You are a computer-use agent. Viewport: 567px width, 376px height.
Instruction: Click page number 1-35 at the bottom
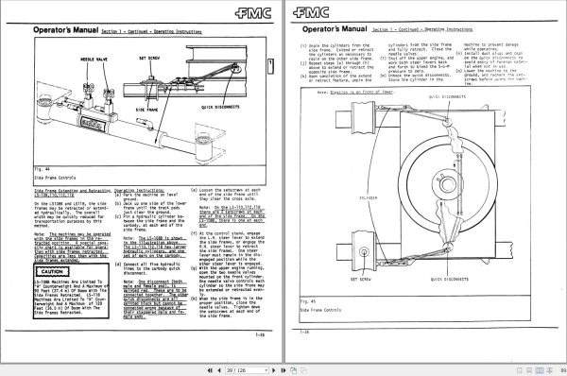[257, 333]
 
